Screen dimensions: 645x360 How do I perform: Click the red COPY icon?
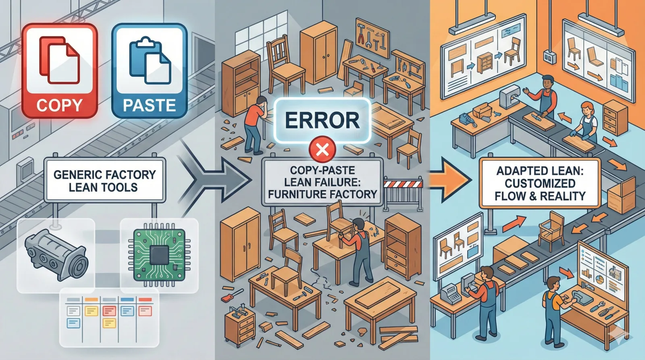60,71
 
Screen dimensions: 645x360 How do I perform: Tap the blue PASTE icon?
150,71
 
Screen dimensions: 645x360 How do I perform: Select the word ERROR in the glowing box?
322,120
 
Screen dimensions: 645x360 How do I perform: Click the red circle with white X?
322,150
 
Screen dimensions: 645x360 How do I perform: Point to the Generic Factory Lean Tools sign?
105,180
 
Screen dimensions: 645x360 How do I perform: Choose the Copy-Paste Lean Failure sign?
322,182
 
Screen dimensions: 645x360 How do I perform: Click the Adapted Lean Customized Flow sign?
540,183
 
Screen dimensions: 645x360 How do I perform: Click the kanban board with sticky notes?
109,317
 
